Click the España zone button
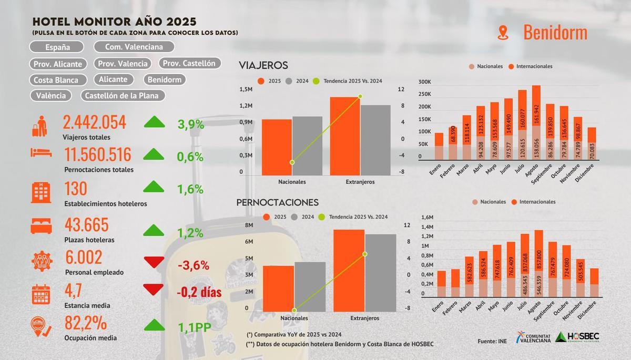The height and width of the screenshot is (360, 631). [57, 47]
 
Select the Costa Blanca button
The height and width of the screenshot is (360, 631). [56, 80]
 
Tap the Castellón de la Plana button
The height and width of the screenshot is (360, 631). [123, 96]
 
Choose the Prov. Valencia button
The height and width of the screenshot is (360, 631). [123, 64]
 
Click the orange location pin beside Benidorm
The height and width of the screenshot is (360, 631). [503, 33]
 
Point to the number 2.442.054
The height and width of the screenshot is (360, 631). [95, 122]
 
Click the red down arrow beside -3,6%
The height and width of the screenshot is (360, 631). [154, 262]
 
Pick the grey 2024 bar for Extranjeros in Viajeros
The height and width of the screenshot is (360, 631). [375, 140]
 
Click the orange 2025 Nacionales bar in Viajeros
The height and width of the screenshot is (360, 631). [277, 147]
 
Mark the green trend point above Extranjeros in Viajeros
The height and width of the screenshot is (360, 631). [360, 96]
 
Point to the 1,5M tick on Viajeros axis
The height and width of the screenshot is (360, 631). [246, 90]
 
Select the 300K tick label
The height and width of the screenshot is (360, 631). [424, 83]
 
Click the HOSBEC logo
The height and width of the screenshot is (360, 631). [577, 337]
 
